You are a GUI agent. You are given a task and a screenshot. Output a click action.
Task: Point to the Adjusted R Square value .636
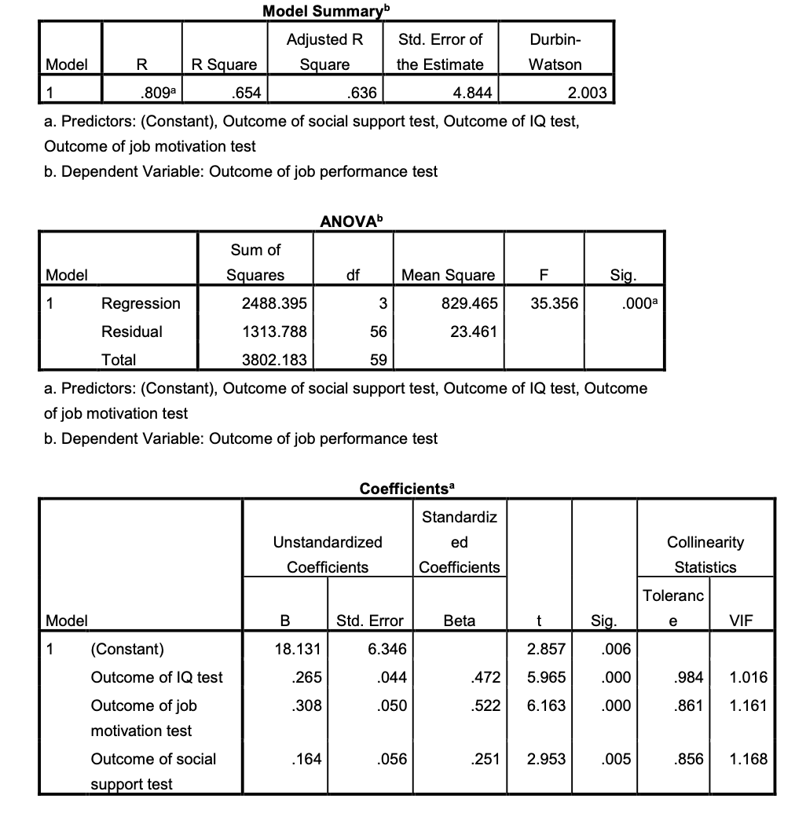tap(362, 93)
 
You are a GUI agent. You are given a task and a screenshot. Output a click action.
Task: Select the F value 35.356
tap(554, 303)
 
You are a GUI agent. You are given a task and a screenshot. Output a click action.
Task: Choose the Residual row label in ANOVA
tap(132, 332)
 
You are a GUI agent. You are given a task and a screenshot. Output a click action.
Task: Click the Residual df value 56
tap(378, 332)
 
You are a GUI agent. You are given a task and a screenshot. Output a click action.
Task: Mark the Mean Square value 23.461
tap(473, 332)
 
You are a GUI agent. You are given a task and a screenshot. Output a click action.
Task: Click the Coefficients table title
tap(407, 489)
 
